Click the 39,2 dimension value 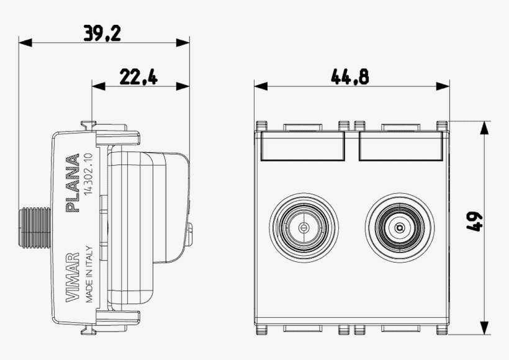[x=102, y=33]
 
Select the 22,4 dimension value [x=138, y=77]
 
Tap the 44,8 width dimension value [x=350, y=77]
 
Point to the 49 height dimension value [x=475, y=222]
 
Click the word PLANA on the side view [x=73, y=183]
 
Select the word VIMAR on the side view [x=73, y=277]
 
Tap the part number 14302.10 [x=89, y=174]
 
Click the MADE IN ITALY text [x=89, y=274]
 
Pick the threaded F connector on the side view [x=34, y=228]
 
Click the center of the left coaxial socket [x=304, y=228]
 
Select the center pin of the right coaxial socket [x=400, y=228]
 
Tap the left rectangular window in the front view [x=302, y=145]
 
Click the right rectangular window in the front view [x=401, y=145]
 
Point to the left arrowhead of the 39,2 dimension [x=25, y=43]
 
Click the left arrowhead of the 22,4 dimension [x=99, y=86]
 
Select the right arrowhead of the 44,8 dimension [x=443, y=86]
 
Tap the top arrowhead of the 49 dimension [x=484, y=128]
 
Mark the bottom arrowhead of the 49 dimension [x=484, y=328]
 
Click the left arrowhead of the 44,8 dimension [x=261, y=86]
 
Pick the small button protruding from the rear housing [x=190, y=233]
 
